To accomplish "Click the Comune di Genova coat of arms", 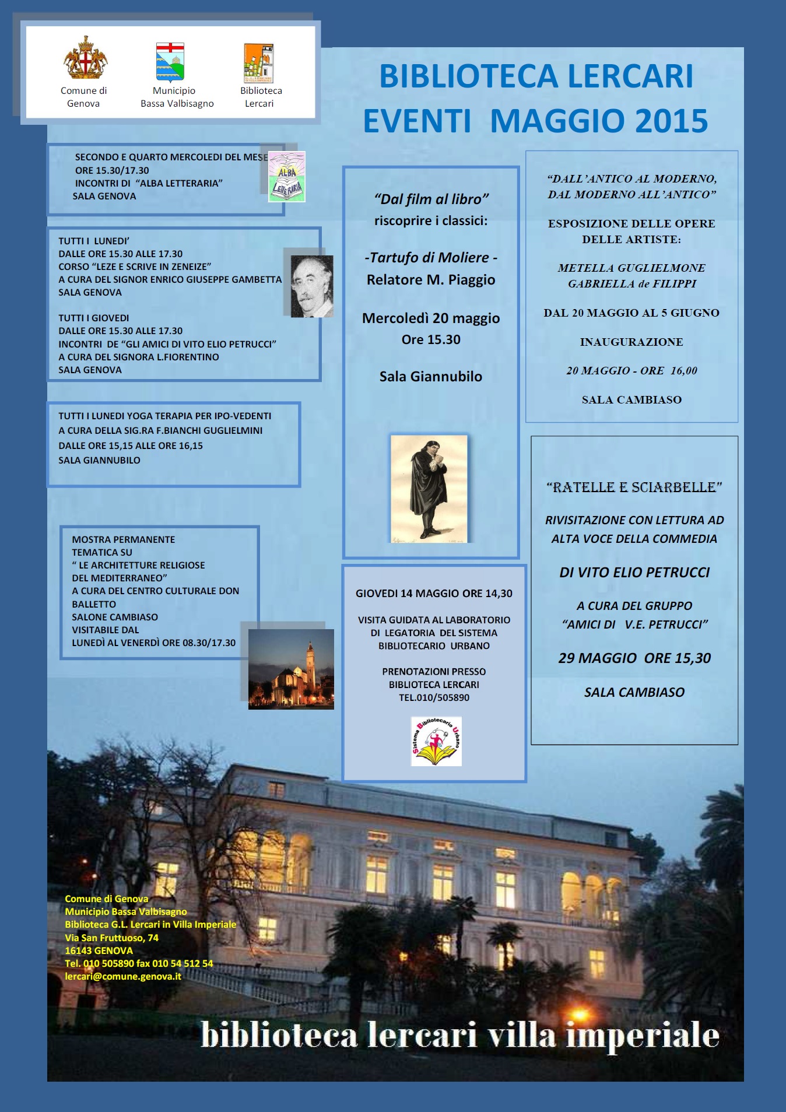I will pos(85,58).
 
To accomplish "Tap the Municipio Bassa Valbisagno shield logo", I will pos(170,61).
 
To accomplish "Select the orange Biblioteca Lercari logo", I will pos(259,63).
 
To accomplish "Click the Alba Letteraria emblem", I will pos(287,177).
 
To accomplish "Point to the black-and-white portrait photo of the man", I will pos(312,286).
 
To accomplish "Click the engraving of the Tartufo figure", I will pos(429,489).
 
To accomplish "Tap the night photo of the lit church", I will pos(291,669).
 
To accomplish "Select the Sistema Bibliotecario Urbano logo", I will pos(436,741).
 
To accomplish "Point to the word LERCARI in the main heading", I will pos(630,76).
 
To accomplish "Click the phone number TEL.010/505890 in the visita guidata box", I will pos(434,697).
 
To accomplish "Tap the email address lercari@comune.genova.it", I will pos(123,976).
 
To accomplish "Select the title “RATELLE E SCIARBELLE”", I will pos(634,487).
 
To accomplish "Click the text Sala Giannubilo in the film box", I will pos(431,377).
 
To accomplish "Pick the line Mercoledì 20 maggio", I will pos(431,318).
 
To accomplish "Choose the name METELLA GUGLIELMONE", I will pos(631,268).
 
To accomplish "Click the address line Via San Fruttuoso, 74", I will pos(111,938).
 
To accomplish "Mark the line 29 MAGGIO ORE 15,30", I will pos(634,658).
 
